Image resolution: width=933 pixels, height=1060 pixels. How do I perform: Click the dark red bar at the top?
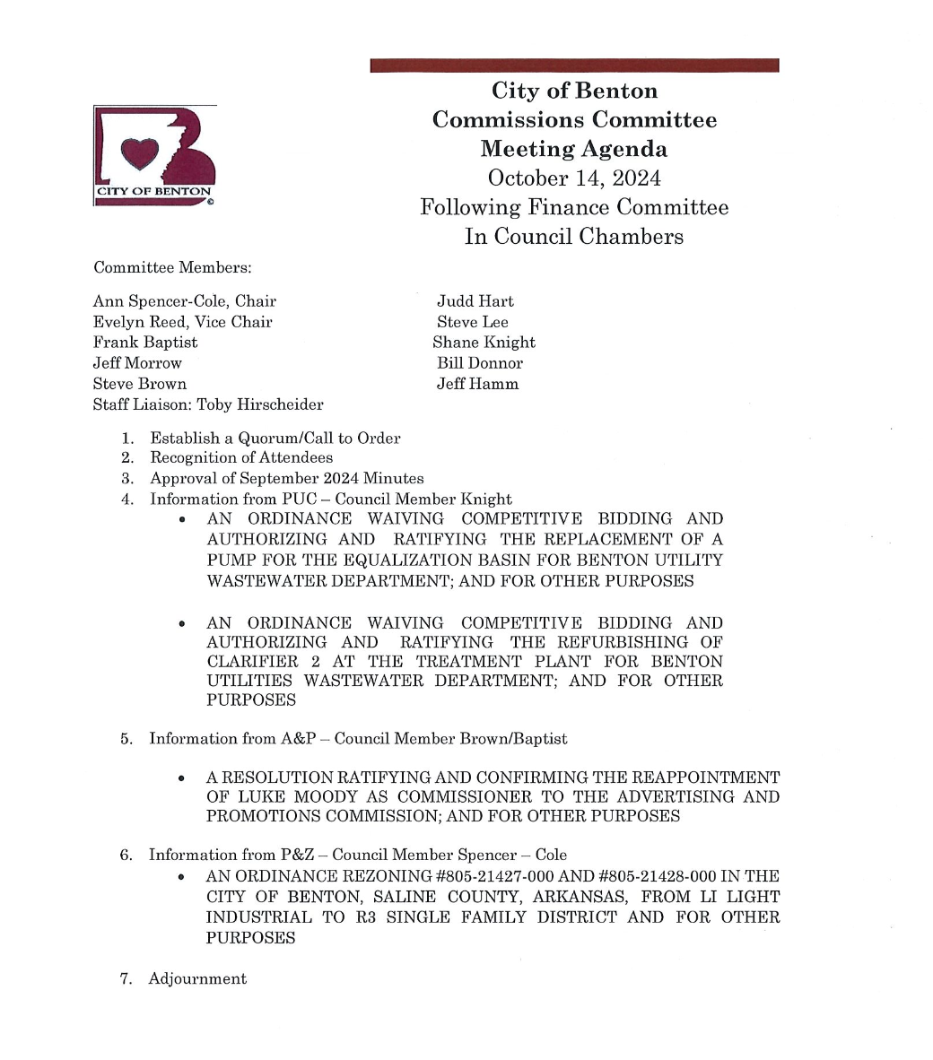point(574,65)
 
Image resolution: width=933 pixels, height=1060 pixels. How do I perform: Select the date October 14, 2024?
point(574,178)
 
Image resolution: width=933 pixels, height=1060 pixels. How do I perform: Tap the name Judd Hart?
point(475,301)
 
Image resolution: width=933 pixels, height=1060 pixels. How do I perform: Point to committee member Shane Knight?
point(484,343)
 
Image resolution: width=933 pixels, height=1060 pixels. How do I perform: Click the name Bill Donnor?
point(480,363)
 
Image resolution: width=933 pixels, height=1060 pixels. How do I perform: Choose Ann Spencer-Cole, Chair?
point(185,301)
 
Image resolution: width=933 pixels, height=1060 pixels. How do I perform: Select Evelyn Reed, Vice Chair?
point(183,322)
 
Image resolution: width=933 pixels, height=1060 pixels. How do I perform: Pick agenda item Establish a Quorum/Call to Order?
point(275,439)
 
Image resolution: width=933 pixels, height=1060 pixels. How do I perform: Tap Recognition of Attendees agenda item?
point(241,458)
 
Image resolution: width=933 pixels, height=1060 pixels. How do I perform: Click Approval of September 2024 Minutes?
point(286,479)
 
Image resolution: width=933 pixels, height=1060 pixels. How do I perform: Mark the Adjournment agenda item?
point(197,978)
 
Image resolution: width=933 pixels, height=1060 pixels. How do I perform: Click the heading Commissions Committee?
point(574,120)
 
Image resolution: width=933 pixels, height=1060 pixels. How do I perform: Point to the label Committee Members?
point(172,267)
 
